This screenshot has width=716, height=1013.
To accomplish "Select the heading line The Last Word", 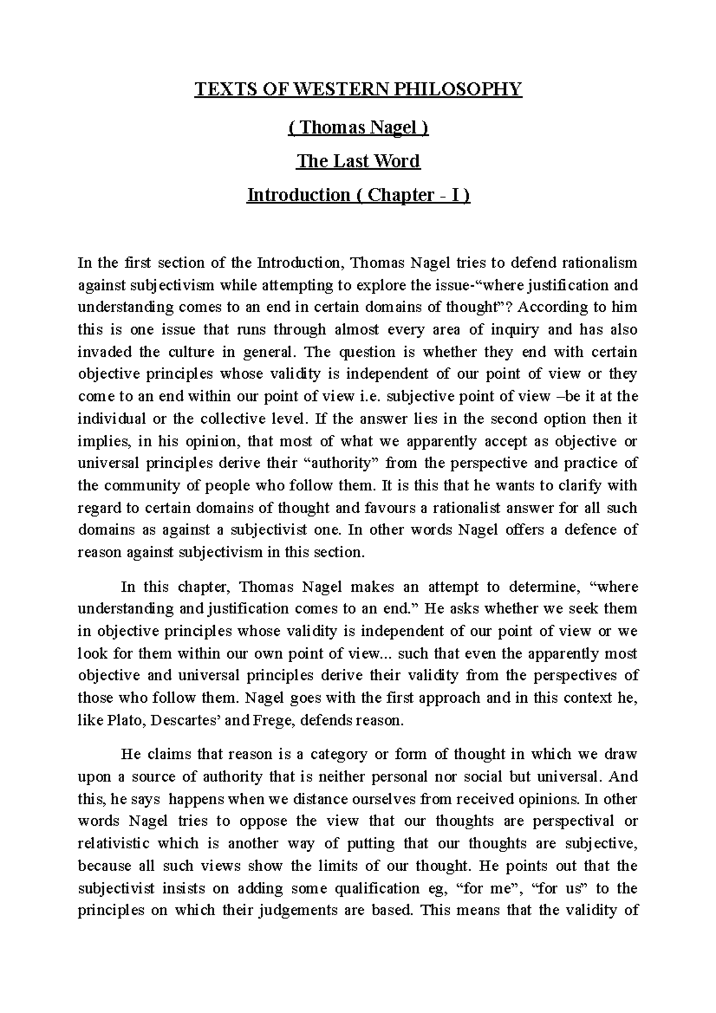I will click(358, 161).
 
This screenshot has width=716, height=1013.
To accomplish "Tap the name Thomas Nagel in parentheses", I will click(358, 127).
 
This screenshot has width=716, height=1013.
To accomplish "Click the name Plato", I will click(122, 721).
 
